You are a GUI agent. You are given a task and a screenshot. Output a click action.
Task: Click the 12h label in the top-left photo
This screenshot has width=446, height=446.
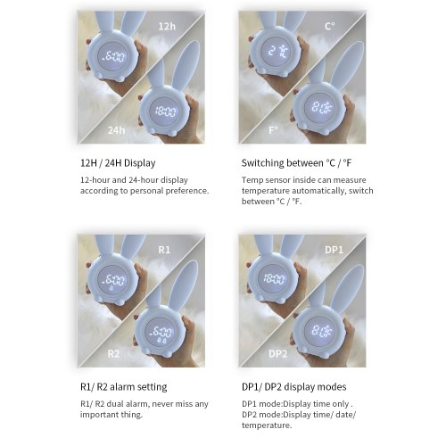pyautogui.click(x=167, y=27)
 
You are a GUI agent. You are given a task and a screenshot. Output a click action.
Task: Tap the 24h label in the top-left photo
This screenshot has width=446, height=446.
pyautogui.click(x=116, y=130)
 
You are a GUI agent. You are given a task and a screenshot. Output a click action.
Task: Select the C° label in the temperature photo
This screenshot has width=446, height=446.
pyautogui.click(x=330, y=27)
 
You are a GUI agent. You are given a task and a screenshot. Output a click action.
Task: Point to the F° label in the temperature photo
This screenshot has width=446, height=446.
pyautogui.click(x=273, y=130)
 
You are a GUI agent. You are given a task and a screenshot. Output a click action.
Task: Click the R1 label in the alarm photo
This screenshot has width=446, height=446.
pyautogui.click(x=164, y=250)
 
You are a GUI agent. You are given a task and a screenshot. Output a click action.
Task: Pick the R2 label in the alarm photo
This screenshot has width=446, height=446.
pyautogui.click(x=113, y=353)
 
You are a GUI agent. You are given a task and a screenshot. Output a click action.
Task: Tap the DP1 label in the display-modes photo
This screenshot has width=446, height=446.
pyautogui.click(x=334, y=250)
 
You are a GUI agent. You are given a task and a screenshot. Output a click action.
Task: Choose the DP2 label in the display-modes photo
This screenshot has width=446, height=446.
pyautogui.click(x=278, y=353)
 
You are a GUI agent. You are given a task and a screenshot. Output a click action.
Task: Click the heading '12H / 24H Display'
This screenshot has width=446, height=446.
pyautogui.click(x=118, y=163)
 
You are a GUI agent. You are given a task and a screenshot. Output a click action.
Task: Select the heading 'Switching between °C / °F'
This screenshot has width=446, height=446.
pyautogui.click(x=296, y=163)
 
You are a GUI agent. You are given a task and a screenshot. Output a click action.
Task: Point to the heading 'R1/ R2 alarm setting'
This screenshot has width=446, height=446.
pyautogui.click(x=124, y=387)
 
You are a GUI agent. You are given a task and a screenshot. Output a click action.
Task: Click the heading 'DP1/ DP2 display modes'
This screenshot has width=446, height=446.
pyautogui.click(x=294, y=387)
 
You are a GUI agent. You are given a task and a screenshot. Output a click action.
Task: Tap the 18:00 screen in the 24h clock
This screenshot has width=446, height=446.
pyautogui.click(x=165, y=111)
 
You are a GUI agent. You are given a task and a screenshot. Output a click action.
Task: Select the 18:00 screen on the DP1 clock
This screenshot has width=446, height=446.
pyautogui.click(x=274, y=279)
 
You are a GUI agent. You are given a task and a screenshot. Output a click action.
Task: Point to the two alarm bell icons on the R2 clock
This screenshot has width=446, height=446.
pyautogui.click(x=161, y=340)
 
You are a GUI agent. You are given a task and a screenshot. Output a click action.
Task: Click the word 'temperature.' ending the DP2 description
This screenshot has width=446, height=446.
pyautogui.click(x=267, y=425)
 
